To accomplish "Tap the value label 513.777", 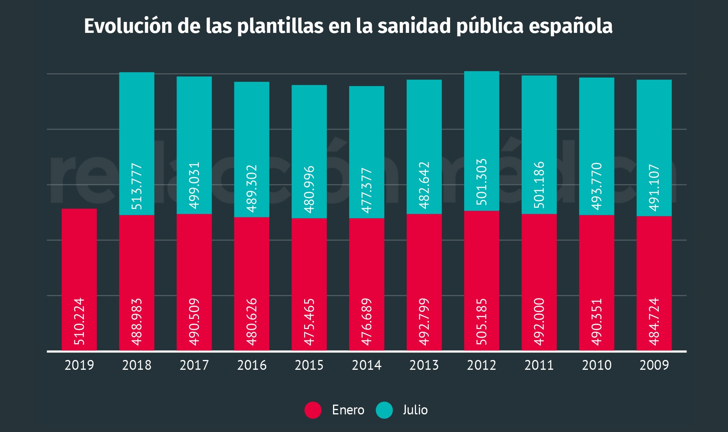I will coord(137,186).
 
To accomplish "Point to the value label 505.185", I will coord(481,322).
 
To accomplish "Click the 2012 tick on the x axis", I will coord(481,365).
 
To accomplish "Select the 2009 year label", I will coord(654,365).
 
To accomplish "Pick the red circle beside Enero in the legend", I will coord(313,410).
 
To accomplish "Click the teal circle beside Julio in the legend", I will coord(384,410).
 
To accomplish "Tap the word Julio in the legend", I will coord(415,410).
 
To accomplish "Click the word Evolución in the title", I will coord(128,26).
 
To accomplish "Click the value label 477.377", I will coord(366,190).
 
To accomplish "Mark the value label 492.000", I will coord(539,322).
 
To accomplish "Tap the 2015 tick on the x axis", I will coord(309,365).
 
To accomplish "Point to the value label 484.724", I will coord(654,322).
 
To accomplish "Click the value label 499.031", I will coord(194,185).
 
